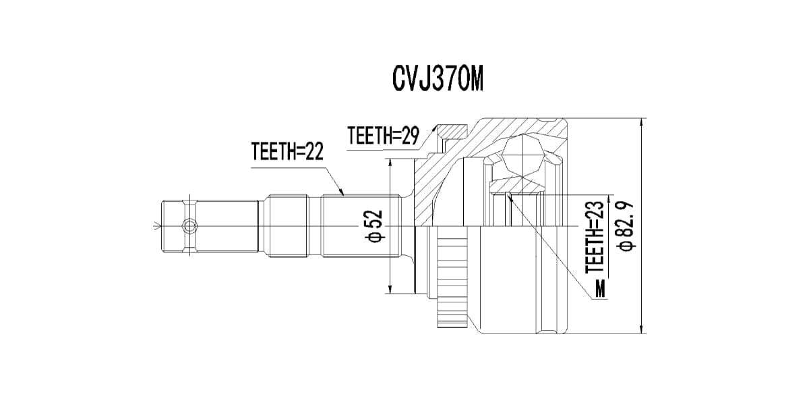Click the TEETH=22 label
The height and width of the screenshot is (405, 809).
pos(287,152)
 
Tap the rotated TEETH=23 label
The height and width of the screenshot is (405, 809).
pos(594,239)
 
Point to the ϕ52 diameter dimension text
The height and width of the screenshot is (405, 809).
pos(376,225)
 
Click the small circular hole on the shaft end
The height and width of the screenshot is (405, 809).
pos(189,225)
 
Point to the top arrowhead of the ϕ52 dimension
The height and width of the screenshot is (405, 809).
pos(390,163)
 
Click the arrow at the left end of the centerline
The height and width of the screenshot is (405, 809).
pos(157,225)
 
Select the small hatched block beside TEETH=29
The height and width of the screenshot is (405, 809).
pos(450,130)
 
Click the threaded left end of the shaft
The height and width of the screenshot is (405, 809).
pos(178,225)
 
